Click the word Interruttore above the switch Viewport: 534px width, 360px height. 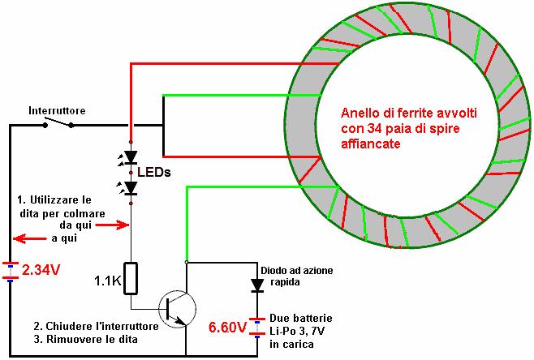[x=57, y=110]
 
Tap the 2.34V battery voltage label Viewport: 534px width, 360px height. [x=41, y=270]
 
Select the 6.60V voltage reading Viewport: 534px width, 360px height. [x=227, y=328]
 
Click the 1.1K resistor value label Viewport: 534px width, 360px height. [x=108, y=281]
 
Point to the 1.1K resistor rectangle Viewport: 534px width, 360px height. [x=131, y=278]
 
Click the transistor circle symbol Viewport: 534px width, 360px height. [x=177, y=309]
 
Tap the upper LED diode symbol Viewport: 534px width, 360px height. [x=131, y=157]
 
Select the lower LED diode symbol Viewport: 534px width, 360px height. [x=131, y=188]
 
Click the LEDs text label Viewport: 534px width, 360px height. [x=154, y=173]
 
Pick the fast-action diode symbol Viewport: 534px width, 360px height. [x=257, y=285]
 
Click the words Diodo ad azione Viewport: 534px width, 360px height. [x=297, y=271]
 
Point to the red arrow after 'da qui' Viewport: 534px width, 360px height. [x=112, y=225]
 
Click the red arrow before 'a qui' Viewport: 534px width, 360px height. [x=30, y=238]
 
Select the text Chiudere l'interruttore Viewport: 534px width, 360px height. [x=102, y=326]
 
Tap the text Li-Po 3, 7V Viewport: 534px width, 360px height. [x=297, y=331]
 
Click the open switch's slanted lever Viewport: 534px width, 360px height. [x=58, y=122]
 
